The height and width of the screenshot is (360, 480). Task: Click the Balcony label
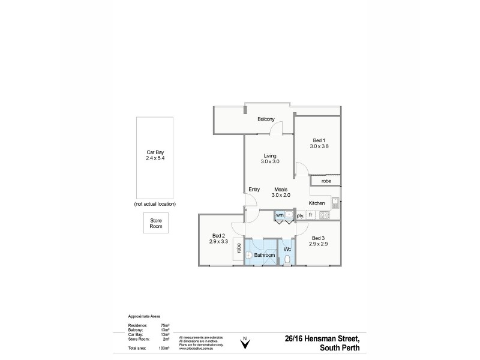click(x=266, y=119)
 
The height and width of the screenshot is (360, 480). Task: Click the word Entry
click(x=254, y=190)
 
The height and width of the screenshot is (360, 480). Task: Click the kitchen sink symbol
click(x=336, y=201)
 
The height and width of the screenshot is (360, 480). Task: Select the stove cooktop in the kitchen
click(x=325, y=215)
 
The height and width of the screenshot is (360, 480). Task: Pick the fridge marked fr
click(x=311, y=215)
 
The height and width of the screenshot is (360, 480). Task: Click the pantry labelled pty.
click(x=299, y=215)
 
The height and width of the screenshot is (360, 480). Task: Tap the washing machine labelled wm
click(x=280, y=214)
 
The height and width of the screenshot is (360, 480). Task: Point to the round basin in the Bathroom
click(x=250, y=254)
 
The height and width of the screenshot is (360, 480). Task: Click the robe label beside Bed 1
click(x=326, y=180)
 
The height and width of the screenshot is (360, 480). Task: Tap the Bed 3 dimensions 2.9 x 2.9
click(x=318, y=244)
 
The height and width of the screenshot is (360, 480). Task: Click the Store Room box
click(x=155, y=224)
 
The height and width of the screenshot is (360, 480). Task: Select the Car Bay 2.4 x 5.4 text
click(x=155, y=158)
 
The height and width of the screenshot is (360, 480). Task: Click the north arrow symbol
click(x=244, y=343)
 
